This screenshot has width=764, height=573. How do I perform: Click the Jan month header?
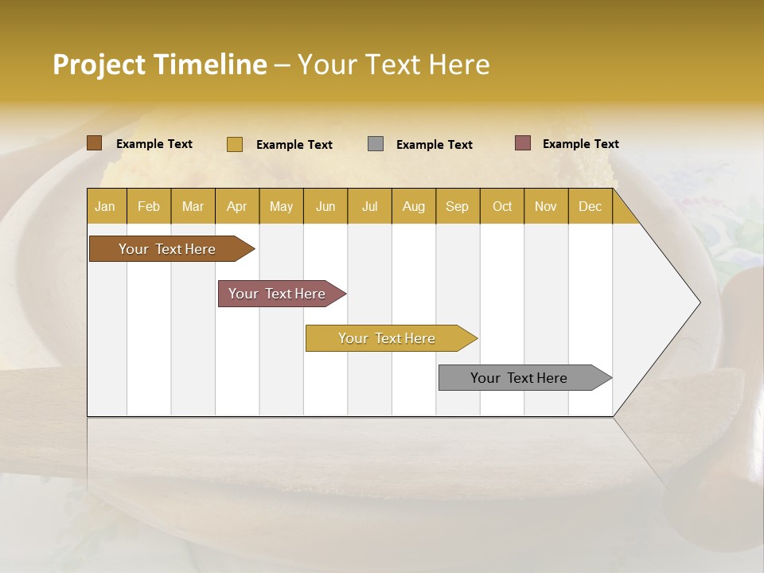pyautogui.click(x=105, y=206)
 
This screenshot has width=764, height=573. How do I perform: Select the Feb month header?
pyautogui.click(x=149, y=206)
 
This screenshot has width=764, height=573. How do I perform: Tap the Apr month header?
pyautogui.click(x=236, y=206)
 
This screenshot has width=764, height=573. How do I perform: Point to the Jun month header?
pyautogui.click(x=325, y=206)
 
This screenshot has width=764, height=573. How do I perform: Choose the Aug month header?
pyautogui.click(x=413, y=206)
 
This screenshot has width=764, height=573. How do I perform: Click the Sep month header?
pyautogui.click(x=457, y=206)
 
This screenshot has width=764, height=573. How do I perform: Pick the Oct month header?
pyautogui.click(x=502, y=206)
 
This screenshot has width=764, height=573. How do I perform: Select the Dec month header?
pyautogui.click(x=590, y=206)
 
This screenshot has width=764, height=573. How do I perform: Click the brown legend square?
pyautogui.click(x=94, y=143)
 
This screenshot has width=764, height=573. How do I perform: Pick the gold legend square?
pyautogui.click(x=234, y=144)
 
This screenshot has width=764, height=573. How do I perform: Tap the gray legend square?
pyautogui.click(x=376, y=144)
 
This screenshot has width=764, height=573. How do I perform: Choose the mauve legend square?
pyautogui.click(x=522, y=143)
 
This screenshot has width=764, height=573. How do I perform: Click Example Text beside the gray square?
pyautogui.click(x=435, y=145)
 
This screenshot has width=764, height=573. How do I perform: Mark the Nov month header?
pyautogui.click(x=546, y=206)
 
